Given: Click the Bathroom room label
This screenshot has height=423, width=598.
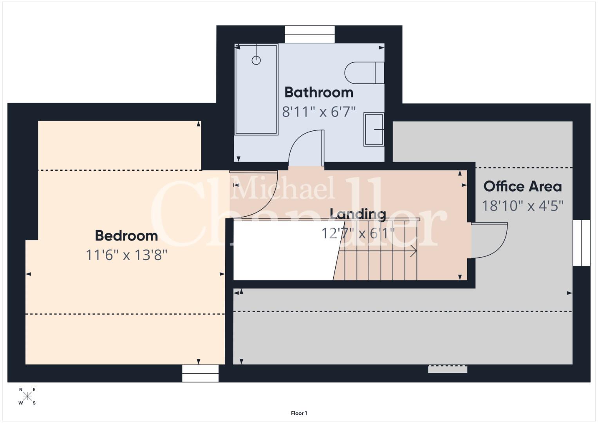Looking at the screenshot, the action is click(x=319, y=92).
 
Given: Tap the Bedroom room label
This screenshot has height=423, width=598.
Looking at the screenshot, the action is click(x=126, y=236).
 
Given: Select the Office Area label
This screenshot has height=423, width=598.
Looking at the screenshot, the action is click(x=522, y=186).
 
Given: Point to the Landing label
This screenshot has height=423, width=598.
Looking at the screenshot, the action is click(x=358, y=214).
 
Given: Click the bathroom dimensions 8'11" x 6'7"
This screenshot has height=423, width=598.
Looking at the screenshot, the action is click(x=319, y=112).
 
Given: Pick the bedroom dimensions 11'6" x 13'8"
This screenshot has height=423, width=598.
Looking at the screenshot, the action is click(x=126, y=255).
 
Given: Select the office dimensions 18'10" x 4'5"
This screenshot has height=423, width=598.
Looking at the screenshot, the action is click(x=522, y=206).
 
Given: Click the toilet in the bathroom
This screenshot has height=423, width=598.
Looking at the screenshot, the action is click(x=364, y=73).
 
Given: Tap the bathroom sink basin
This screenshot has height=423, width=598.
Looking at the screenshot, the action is click(x=374, y=130).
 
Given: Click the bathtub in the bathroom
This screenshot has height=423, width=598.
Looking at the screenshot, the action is click(x=256, y=89).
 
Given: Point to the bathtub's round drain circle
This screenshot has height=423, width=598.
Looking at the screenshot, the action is click(x=256, y=60).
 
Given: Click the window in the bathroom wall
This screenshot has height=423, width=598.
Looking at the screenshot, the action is click(x=310, y=34).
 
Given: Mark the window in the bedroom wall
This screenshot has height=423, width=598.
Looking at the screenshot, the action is click(x=200, y=373).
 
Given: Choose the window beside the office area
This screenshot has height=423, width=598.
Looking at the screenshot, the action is click(x=582, y=243).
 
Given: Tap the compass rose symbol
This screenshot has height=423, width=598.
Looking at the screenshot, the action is click(x=27, y=396).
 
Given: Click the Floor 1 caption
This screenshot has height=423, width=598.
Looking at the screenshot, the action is click(x=299, y=413).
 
